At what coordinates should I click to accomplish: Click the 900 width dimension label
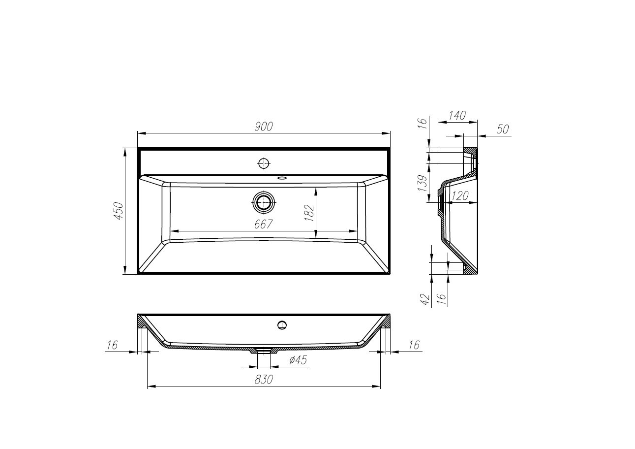[x=264, y=127]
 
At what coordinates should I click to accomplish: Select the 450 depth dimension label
[x=119, y=211]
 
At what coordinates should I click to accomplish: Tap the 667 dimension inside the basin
[x=264, y=224]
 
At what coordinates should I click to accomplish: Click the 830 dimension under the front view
[x=264, y=380]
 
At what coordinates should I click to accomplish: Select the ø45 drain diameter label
[x=298, y=360]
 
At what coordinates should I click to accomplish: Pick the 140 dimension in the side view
[x=457, y=116]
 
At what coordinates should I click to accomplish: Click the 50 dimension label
[x=502, y=129]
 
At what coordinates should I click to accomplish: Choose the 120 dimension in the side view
[x=459, y=196]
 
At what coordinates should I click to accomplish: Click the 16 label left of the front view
[x=112, y=345]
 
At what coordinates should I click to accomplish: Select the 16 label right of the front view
[x=414, y=345]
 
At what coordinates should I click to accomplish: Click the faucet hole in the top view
[x=264, y=163]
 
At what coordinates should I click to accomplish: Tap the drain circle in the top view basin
[x=264, y=201]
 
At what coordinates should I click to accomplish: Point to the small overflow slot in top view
[x=282, y=178]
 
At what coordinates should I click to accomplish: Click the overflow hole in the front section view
[x=282, y=324]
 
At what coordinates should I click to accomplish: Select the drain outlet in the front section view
[x=265, y=351]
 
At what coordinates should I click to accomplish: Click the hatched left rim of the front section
[x=142, y=322]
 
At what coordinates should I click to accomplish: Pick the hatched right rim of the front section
[x=386, y=322]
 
